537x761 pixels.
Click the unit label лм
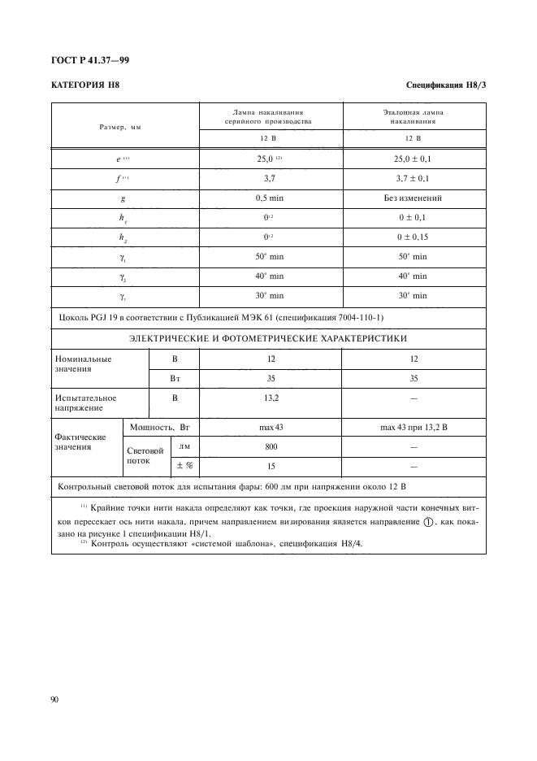pyautogui.click(x=184, y=446)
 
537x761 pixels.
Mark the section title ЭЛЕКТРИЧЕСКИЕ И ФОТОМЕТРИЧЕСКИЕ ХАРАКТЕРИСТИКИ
pyautogui.click(x=269, y=338)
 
